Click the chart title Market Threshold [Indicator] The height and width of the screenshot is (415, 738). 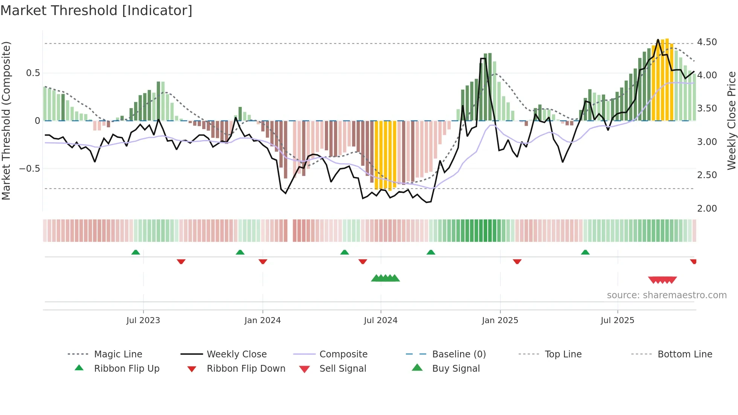(x=96, y=11)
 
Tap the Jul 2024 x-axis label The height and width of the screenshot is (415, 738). (x=380, y=320)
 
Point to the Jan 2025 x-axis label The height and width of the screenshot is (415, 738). (x=500, y=320)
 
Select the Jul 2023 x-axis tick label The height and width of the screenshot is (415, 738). (x=143, y=320)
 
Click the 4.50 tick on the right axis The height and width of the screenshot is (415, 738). (x=707, y=42)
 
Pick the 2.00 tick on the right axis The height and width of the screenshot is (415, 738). (x=707, y=209)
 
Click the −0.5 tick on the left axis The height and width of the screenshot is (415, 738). (x=29, y=168)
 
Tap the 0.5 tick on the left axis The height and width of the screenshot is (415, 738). (x=33, y=73)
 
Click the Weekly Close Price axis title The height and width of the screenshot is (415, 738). (x=731, y=121)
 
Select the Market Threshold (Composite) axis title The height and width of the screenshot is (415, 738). (x=6, y=121)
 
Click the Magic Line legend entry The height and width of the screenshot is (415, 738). (x=118, y=354)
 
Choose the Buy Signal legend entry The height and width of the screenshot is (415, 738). (x=456, y=369)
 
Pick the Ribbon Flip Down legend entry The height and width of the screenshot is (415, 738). (x=245, y=369)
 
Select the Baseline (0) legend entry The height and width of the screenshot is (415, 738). (x=459, y=354)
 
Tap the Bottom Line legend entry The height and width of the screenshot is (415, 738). (x=685, y=354)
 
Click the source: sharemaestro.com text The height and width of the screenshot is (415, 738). (x=666, y=295)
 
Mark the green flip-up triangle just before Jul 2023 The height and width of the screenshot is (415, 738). (x=136, y=252)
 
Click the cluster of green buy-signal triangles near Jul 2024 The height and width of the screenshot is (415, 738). (x=385, y=278)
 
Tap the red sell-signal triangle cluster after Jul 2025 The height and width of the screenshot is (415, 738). (x=662, y=280)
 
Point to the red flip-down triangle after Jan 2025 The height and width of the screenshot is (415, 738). (x=517, y=261)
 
